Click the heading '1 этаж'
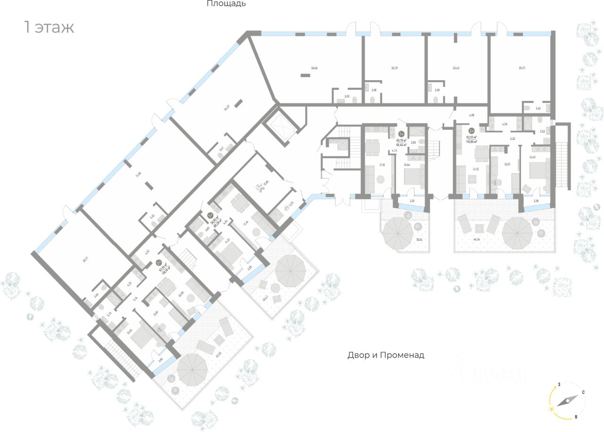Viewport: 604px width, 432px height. pos(49,27)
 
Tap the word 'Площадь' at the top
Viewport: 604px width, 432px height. pos(226,4)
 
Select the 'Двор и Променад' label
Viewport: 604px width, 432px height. pos(386,355)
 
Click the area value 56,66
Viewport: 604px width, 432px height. pos(314,68)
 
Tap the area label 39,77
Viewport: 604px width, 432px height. pos(522,68)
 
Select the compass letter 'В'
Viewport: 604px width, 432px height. pos(575,417)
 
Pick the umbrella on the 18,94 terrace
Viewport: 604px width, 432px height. pos(397,233)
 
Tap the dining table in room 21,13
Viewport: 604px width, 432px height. pos(481,154)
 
